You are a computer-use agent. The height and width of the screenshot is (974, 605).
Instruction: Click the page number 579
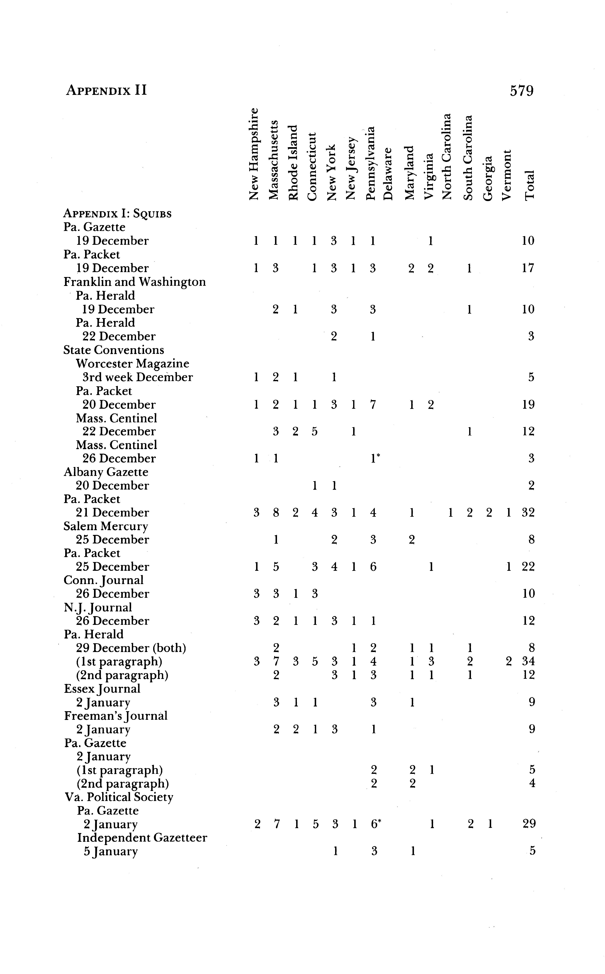[521, 91]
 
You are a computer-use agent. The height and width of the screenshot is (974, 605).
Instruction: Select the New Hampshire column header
[254, 154]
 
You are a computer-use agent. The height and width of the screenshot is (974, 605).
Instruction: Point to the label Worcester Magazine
[132, 364]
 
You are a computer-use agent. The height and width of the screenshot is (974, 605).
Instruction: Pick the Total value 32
[528, 513]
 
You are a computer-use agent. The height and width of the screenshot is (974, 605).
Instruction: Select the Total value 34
[528, 661]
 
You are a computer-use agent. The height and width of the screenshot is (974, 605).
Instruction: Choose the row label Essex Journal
[102, 689]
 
